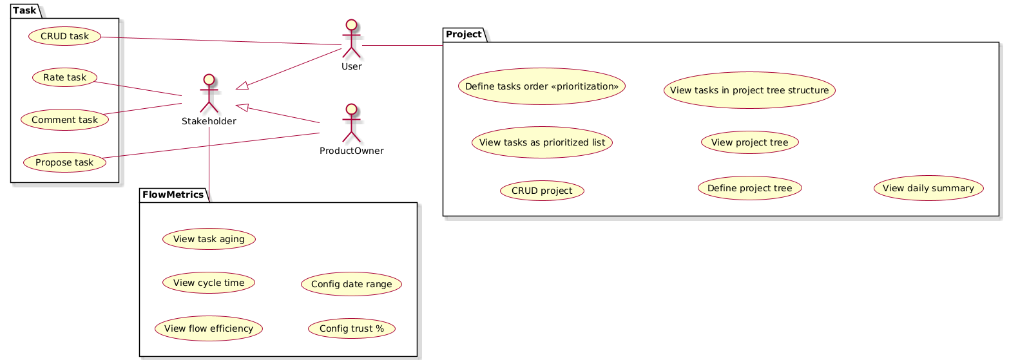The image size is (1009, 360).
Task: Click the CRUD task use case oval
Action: pyautogui.click(x=65, y=36)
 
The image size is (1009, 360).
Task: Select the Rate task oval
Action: pyautogui.click(x=64, y=78)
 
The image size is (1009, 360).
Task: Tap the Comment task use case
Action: pyautogui.click(x=64, y=120)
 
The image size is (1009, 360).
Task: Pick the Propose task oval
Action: pyautogui.click(x=65, y=162)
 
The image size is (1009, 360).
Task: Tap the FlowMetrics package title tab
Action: pyautogui.click(x=173, y=194)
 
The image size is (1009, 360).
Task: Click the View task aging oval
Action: pyautogui.click(x=209, y=239)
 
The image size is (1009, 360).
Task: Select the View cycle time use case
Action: pyautogui.click(x=209, y=283)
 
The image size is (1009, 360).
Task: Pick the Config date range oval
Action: pyautogui.click(x=352, y=284)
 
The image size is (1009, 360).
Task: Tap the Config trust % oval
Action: pyautogui.click(x=352, y=328)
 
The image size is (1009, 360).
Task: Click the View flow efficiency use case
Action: pyautogui.click(x=209, y=328)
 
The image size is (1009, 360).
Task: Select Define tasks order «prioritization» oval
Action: pyautogui.click(x=542, y=86)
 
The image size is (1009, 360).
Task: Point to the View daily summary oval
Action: pyautogui.click(x=928, y=188)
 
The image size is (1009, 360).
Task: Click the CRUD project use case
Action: pyautogui.click(x=542, y=191)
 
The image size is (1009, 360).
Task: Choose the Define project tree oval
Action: pyautogui.click(x=749, y=188)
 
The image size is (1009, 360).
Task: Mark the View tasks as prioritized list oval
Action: pyautogui.click(x=542, y=142)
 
